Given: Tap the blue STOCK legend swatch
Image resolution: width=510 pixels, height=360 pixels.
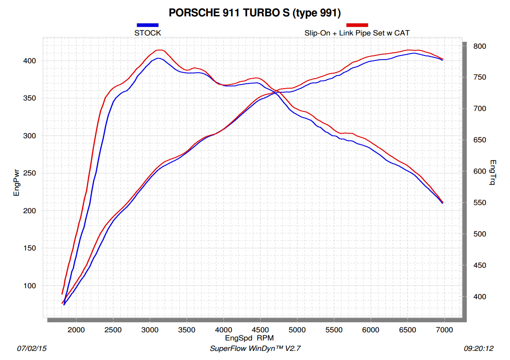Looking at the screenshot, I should coord(147,25).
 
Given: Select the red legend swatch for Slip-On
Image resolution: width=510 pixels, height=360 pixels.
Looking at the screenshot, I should coord(357,25).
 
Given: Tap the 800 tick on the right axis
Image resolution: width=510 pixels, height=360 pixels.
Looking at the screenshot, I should coord(480,46).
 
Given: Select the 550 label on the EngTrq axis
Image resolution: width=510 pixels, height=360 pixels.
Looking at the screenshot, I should coord(480,203).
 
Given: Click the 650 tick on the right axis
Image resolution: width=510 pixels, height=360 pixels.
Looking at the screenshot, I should coord(480,140).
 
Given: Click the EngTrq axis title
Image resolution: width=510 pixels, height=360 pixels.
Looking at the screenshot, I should coord(493,173).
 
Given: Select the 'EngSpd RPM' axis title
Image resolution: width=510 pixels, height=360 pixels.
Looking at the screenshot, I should coord(249,339).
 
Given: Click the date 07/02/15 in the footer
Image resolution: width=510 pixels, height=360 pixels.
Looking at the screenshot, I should coord(32,349).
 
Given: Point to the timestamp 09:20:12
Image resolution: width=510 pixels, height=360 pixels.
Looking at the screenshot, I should coord(479,349).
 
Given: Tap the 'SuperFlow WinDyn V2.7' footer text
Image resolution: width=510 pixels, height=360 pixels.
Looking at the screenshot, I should coord(255,349).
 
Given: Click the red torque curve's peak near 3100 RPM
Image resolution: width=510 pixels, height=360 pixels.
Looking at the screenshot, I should coord(160,50).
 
